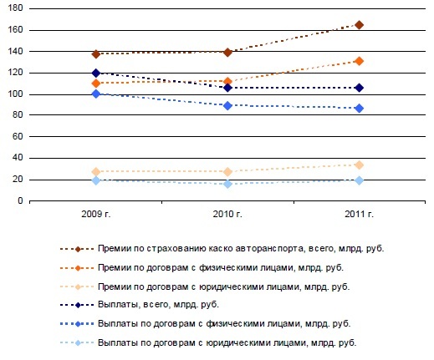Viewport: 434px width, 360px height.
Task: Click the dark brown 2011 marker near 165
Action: (359, 25)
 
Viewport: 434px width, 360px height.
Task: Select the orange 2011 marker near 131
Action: (359, 61)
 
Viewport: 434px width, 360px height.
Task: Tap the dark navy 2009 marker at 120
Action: (96, 73)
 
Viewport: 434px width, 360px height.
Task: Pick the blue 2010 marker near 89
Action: (227, 105)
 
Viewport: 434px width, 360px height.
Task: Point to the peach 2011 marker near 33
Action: (359, 165)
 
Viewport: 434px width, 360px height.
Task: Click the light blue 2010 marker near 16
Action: (227, 184)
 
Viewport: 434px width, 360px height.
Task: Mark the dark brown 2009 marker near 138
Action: (96, 53)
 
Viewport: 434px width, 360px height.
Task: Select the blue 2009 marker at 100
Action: (96, 94)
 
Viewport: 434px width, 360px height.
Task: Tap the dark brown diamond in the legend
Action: (78, 248)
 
